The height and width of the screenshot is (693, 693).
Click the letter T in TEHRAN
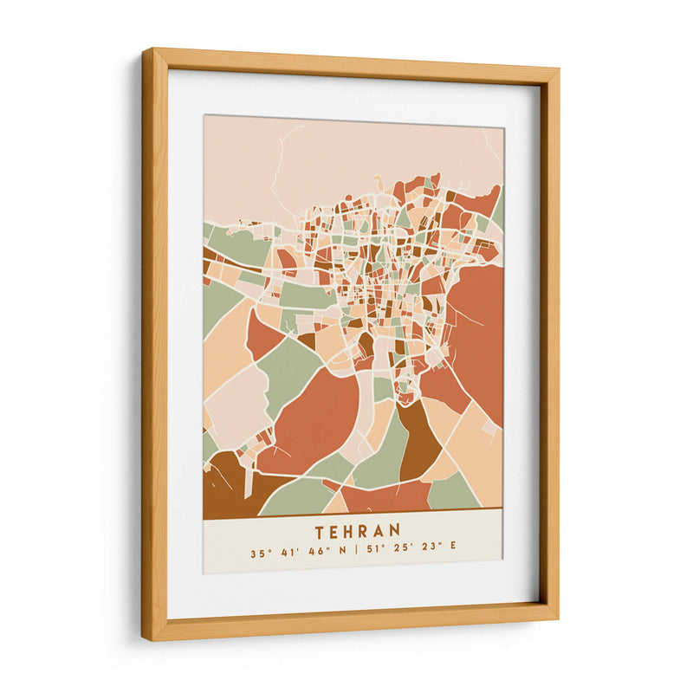(x=321, y=530)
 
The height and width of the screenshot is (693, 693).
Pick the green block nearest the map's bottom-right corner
(x=452, y=493)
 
